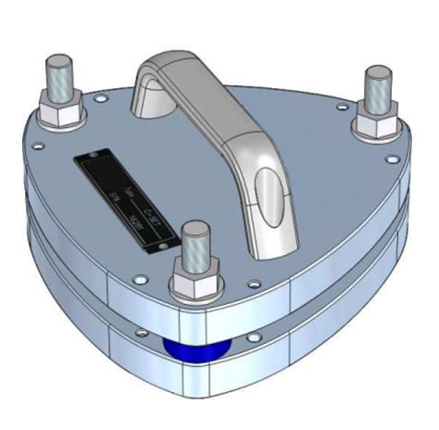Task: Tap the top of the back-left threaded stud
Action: [x=58, y=66]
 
